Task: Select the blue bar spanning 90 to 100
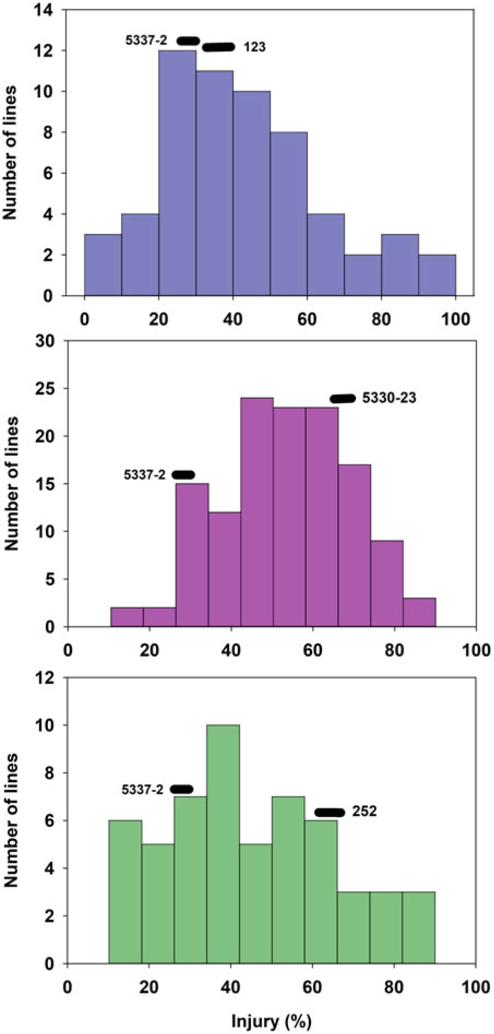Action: [437, 275]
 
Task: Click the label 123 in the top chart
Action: [254, 47]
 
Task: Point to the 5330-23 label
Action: [389, 398]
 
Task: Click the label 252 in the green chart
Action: [364, 812]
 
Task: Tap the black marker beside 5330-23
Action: [343, 398]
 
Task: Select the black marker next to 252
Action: [330, 813]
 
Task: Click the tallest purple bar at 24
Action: [257, 512]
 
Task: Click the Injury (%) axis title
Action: [271, 1020]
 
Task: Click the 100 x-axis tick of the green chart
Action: [475, 987]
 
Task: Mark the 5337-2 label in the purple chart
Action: [144, 475]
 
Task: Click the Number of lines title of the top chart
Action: [11, 152]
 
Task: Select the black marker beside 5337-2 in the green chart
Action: [181, 789]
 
